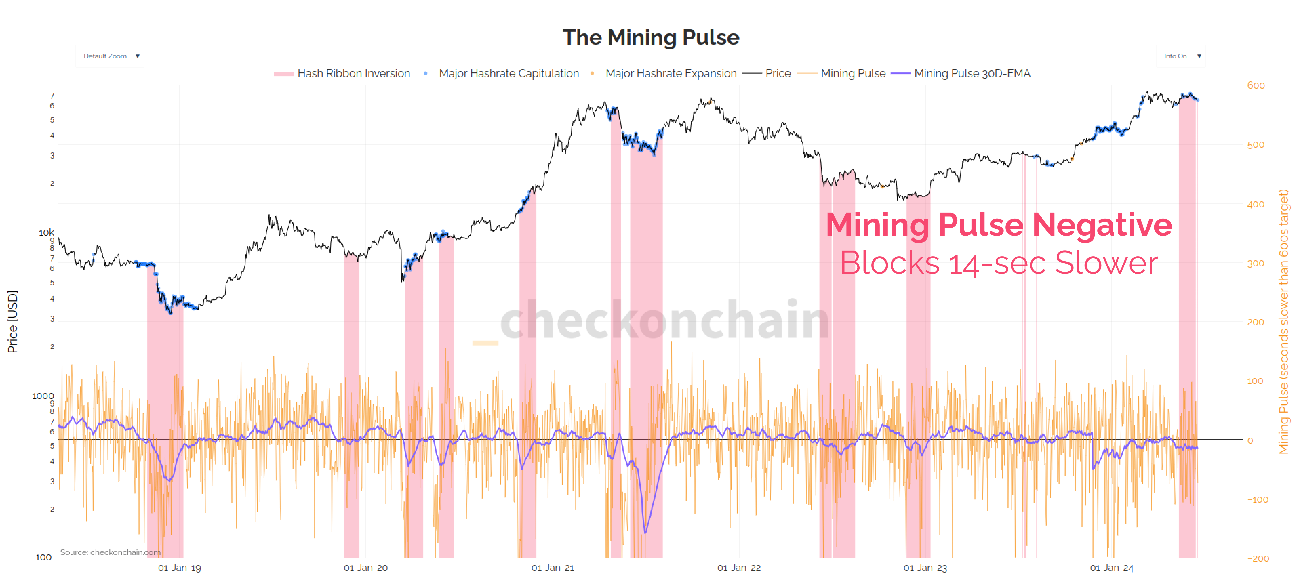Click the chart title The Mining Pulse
(651, 37)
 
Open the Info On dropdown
(1180, 56)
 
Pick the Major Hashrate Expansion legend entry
(670, 74)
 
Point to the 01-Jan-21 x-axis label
(552, 568)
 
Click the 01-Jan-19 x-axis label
(180, 568)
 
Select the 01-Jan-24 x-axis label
(1112, 568)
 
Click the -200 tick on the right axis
(1258, 558)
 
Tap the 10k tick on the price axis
(46, 232)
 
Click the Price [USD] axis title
(12, 321)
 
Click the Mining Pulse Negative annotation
(998, 224)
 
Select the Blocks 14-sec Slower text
(998, 263)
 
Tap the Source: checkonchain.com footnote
(110, 552)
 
